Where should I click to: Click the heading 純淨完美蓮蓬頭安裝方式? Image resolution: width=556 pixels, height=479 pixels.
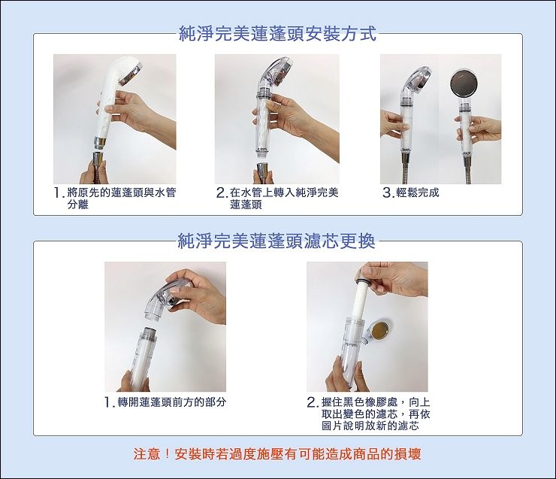pyautogui.click(x=277, y=35)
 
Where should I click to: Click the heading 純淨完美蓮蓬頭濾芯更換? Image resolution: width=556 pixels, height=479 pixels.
pyautogui.click(x=276, y=241)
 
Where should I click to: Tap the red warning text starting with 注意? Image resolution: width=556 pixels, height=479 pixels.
pyautogui.click(x=277, y=454)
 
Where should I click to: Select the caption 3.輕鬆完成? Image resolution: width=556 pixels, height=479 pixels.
pyautogui.click(x=411, y=193)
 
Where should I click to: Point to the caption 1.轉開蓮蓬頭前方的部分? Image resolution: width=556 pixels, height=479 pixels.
pyautogui.click(x=165, y=402)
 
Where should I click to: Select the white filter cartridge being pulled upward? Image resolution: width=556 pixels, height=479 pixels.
pyautogui.click(x=361, y=298)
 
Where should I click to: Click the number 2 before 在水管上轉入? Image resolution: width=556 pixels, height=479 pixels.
pyautogui.click(x=222, y=193)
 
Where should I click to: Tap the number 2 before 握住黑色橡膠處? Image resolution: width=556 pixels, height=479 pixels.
pyautogui.click(x=312, y=402)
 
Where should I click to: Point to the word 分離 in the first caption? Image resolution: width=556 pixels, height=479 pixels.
pyautogui.click(x=77, y=205)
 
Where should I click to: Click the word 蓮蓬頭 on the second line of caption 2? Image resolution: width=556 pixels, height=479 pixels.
pyautogui.click(x=246, y=205)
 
